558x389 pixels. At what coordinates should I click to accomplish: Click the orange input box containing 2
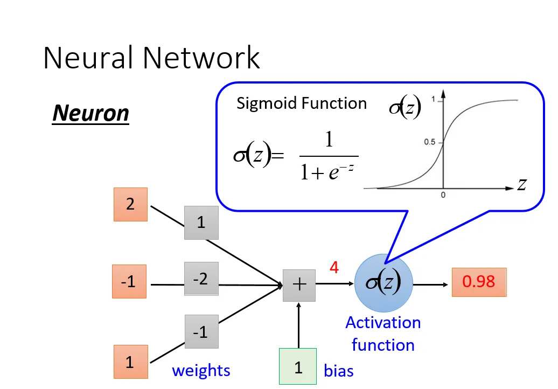130,204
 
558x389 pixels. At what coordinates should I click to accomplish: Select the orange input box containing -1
129,281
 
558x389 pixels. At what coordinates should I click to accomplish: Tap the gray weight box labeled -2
201,279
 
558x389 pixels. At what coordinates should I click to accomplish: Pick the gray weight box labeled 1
201,223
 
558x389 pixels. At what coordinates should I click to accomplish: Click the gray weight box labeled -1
201,332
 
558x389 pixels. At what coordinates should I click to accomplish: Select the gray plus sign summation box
299,284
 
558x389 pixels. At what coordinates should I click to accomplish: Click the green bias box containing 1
298,367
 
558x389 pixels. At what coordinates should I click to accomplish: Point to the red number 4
334,267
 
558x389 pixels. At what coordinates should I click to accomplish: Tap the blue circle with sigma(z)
384,283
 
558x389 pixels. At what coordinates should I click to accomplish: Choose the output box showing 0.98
479,281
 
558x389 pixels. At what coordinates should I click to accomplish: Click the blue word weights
201,371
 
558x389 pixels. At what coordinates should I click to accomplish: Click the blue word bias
339,371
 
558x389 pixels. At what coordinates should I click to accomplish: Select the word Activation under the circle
383,323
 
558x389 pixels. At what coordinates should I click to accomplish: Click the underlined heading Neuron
90,114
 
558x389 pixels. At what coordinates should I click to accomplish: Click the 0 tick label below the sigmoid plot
443,196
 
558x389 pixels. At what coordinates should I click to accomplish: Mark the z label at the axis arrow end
521,185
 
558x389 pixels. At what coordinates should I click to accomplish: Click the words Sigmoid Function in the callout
302,103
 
